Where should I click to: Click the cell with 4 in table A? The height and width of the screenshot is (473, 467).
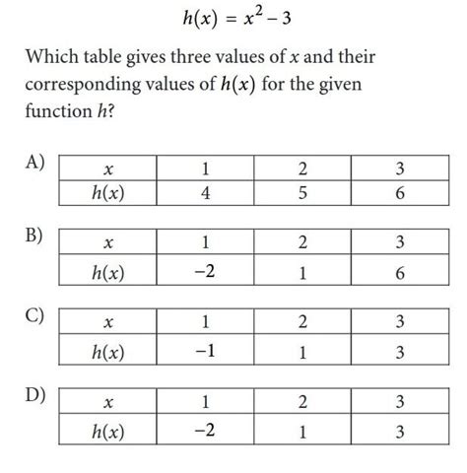(204, 194)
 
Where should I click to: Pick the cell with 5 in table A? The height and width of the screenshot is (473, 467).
(302, 194)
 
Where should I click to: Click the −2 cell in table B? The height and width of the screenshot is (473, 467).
(204, 272)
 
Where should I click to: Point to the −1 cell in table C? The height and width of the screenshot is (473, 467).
(204, 351)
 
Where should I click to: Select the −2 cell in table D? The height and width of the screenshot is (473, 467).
(204, 430)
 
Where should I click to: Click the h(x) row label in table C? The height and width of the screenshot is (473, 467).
(108, 352)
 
